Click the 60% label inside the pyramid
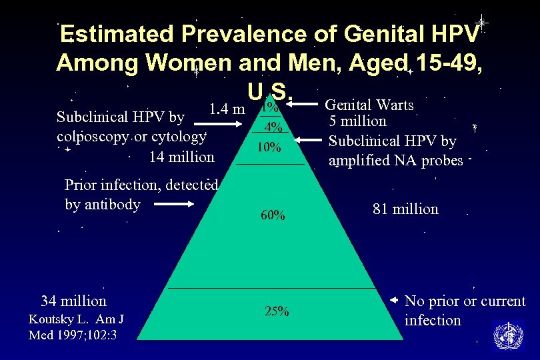pyautogui.click(x=273, y=215)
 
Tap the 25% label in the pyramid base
pyautogui.click(x=277, y=311)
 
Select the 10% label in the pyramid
pyautogui.click(x=269, y=147)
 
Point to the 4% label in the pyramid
pyautogui.click(x=274, y=128)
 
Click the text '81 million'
pyautogui.click(x=405, y=209)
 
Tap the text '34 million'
pyautogui.click(x=73, y=300)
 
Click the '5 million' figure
pyautogui.click(x=358, y=121)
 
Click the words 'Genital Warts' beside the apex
pyautogui.click(x=369, y=105)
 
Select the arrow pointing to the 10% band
pyautogui.click(x=309, y=141)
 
